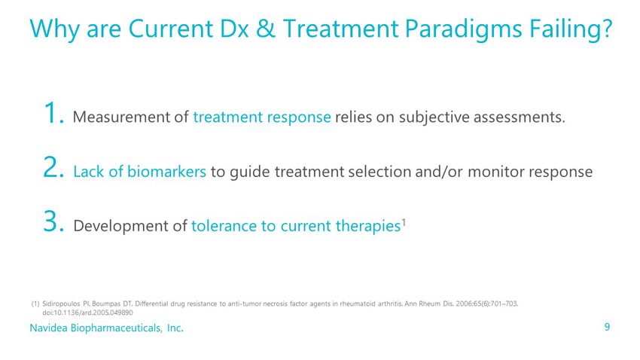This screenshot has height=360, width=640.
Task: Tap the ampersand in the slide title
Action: point(265,29)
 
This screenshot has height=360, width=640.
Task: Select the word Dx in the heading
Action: point(234,29)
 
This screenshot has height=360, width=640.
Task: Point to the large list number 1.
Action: point(53,113)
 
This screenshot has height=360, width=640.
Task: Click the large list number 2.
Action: point(53,167)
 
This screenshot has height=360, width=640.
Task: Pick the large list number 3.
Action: point(53,221)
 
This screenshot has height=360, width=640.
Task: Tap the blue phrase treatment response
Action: point(261,117)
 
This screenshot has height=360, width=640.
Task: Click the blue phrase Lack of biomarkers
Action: point(139,172)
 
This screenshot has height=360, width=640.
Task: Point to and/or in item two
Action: point(439,172)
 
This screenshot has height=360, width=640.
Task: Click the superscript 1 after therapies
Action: point(404,222)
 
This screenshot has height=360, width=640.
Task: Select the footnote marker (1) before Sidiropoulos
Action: point(35,304)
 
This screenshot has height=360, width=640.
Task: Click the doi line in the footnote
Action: point(88,313)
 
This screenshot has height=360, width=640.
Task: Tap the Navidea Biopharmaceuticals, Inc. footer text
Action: point(106,328)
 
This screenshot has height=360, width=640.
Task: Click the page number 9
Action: point(608,327)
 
